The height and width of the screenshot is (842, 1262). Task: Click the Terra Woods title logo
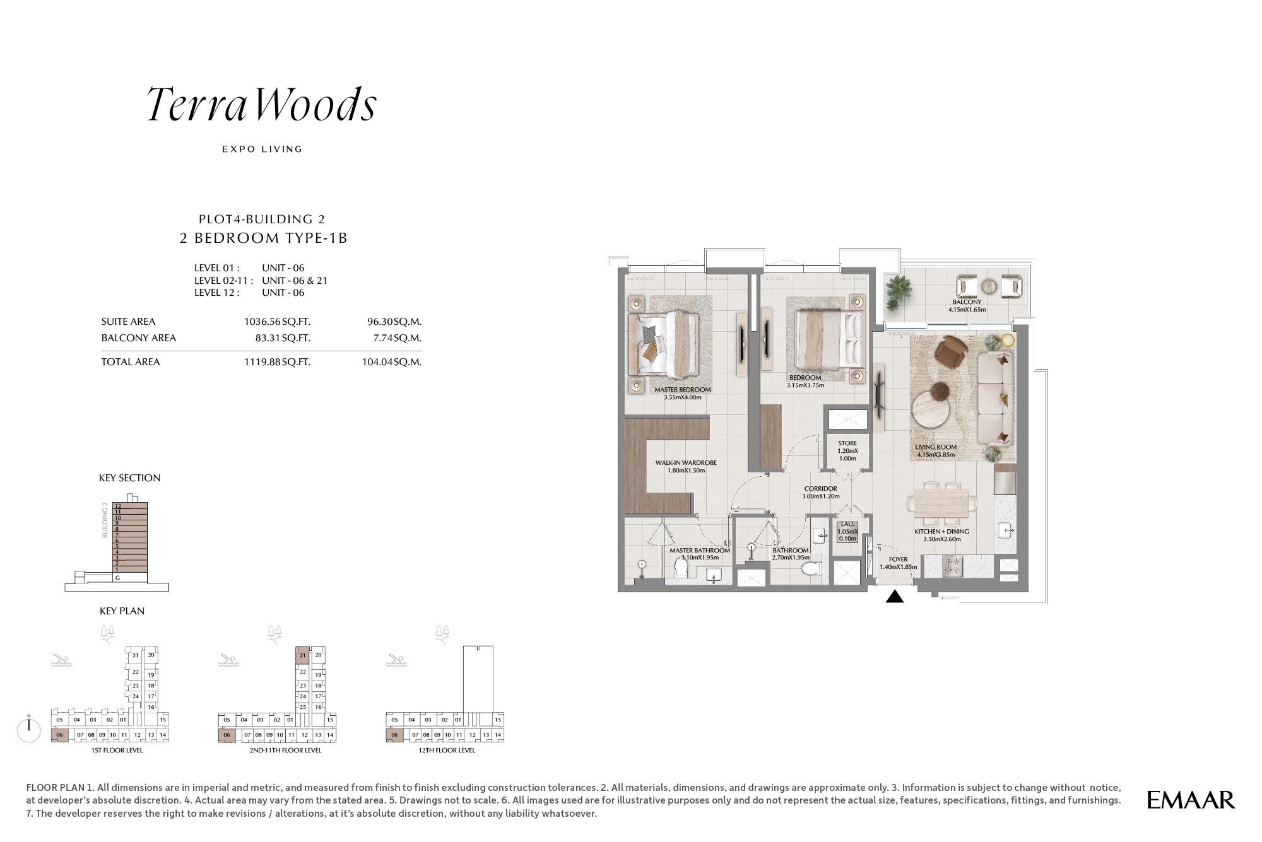pos(262,104)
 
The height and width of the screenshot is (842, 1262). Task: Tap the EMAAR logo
pos(1190,800)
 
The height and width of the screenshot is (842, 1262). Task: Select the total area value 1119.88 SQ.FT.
pos(277,362)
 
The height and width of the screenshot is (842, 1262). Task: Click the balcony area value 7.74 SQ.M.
pos(397,338)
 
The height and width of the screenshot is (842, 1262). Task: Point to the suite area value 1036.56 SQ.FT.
pos(277,322)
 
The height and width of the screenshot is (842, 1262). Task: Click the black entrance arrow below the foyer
pos(895,596)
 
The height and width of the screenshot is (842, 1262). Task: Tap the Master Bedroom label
pos(682,390)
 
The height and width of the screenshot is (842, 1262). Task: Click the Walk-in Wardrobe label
pos(686,463)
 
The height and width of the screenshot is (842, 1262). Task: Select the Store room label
pos(847,443)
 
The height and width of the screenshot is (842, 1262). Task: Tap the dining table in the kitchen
pos(941,503)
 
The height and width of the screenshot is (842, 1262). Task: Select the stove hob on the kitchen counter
pos(952,566)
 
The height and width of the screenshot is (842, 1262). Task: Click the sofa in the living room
pos(996,399)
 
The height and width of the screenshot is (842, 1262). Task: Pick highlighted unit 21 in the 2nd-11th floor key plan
pos(302,655)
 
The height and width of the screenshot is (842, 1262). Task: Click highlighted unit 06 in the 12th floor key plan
pos(394,735)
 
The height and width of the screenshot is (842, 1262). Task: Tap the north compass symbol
pos(30,728)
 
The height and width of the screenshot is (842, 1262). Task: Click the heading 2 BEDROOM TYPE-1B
pos(264,238)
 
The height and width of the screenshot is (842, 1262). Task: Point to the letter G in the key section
pos(117,578)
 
